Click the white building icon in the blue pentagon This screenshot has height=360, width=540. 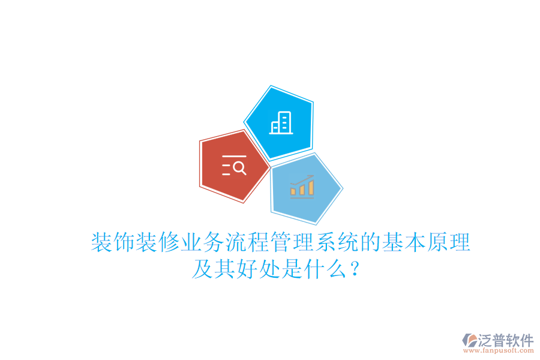coord(281,123)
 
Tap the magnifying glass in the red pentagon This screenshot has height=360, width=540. coord(239,168)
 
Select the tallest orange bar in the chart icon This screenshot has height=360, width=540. coord(311,188)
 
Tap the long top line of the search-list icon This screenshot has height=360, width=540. coord(234,157)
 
